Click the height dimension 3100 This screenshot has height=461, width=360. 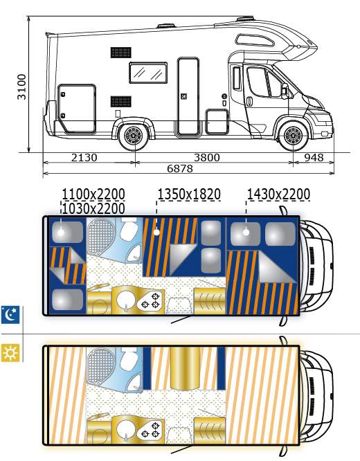21,87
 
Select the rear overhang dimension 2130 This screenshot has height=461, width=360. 84,158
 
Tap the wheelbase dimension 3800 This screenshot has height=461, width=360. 207,158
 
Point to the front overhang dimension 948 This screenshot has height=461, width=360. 314,158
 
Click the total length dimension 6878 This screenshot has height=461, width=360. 180,168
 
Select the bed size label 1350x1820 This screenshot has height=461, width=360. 189,195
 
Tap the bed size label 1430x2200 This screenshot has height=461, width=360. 278,195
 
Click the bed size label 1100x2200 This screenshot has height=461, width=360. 93,195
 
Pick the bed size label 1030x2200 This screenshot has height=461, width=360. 93,208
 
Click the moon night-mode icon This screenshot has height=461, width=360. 10,314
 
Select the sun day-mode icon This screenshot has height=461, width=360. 10,352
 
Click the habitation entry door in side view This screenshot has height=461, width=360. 188,97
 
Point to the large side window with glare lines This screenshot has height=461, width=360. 148,73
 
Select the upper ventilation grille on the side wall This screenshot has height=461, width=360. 121,53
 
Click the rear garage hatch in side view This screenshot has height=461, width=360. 77,109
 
